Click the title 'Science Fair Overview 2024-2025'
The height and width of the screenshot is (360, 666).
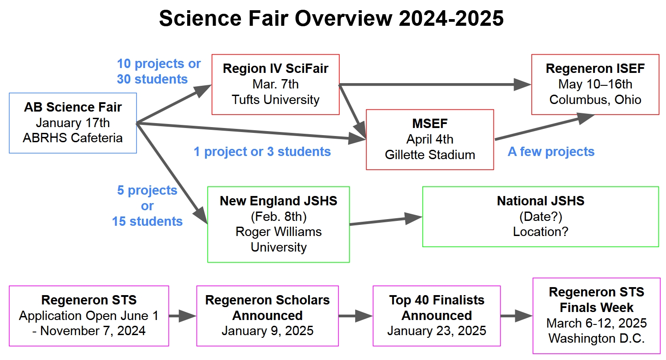[x=331, y=20]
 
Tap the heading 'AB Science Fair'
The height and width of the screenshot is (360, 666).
[x=73, y=107]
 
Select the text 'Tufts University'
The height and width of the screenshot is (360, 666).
[x=276, y=100]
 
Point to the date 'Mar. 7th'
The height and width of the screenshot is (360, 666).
[x=276, y=84]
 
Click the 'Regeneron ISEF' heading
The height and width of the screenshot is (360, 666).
[x=595, y=69]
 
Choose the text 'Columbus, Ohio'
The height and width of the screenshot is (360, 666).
[x=595, y=100]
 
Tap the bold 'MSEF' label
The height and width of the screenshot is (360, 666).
[x=429, y=124]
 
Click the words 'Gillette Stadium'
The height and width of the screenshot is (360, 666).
[x=429, y=155]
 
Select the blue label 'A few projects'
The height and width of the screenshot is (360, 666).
[x=551, y=152]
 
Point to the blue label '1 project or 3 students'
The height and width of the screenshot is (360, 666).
[x=262, y=152]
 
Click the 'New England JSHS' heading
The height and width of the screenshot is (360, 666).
[x=278, y=201]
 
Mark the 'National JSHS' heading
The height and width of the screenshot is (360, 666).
[x=541, y=201]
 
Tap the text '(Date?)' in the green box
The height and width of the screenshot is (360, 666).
[x=541, y=216]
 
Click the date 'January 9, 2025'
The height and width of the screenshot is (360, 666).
[x=267, y=331]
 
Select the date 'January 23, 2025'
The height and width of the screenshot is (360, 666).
[x=437, y=331]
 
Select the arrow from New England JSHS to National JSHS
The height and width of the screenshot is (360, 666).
[x=385, y=221]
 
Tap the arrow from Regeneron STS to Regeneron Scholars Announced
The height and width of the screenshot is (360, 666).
[x=182, y=316]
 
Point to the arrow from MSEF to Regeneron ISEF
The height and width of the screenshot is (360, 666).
[x=545, y=127]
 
